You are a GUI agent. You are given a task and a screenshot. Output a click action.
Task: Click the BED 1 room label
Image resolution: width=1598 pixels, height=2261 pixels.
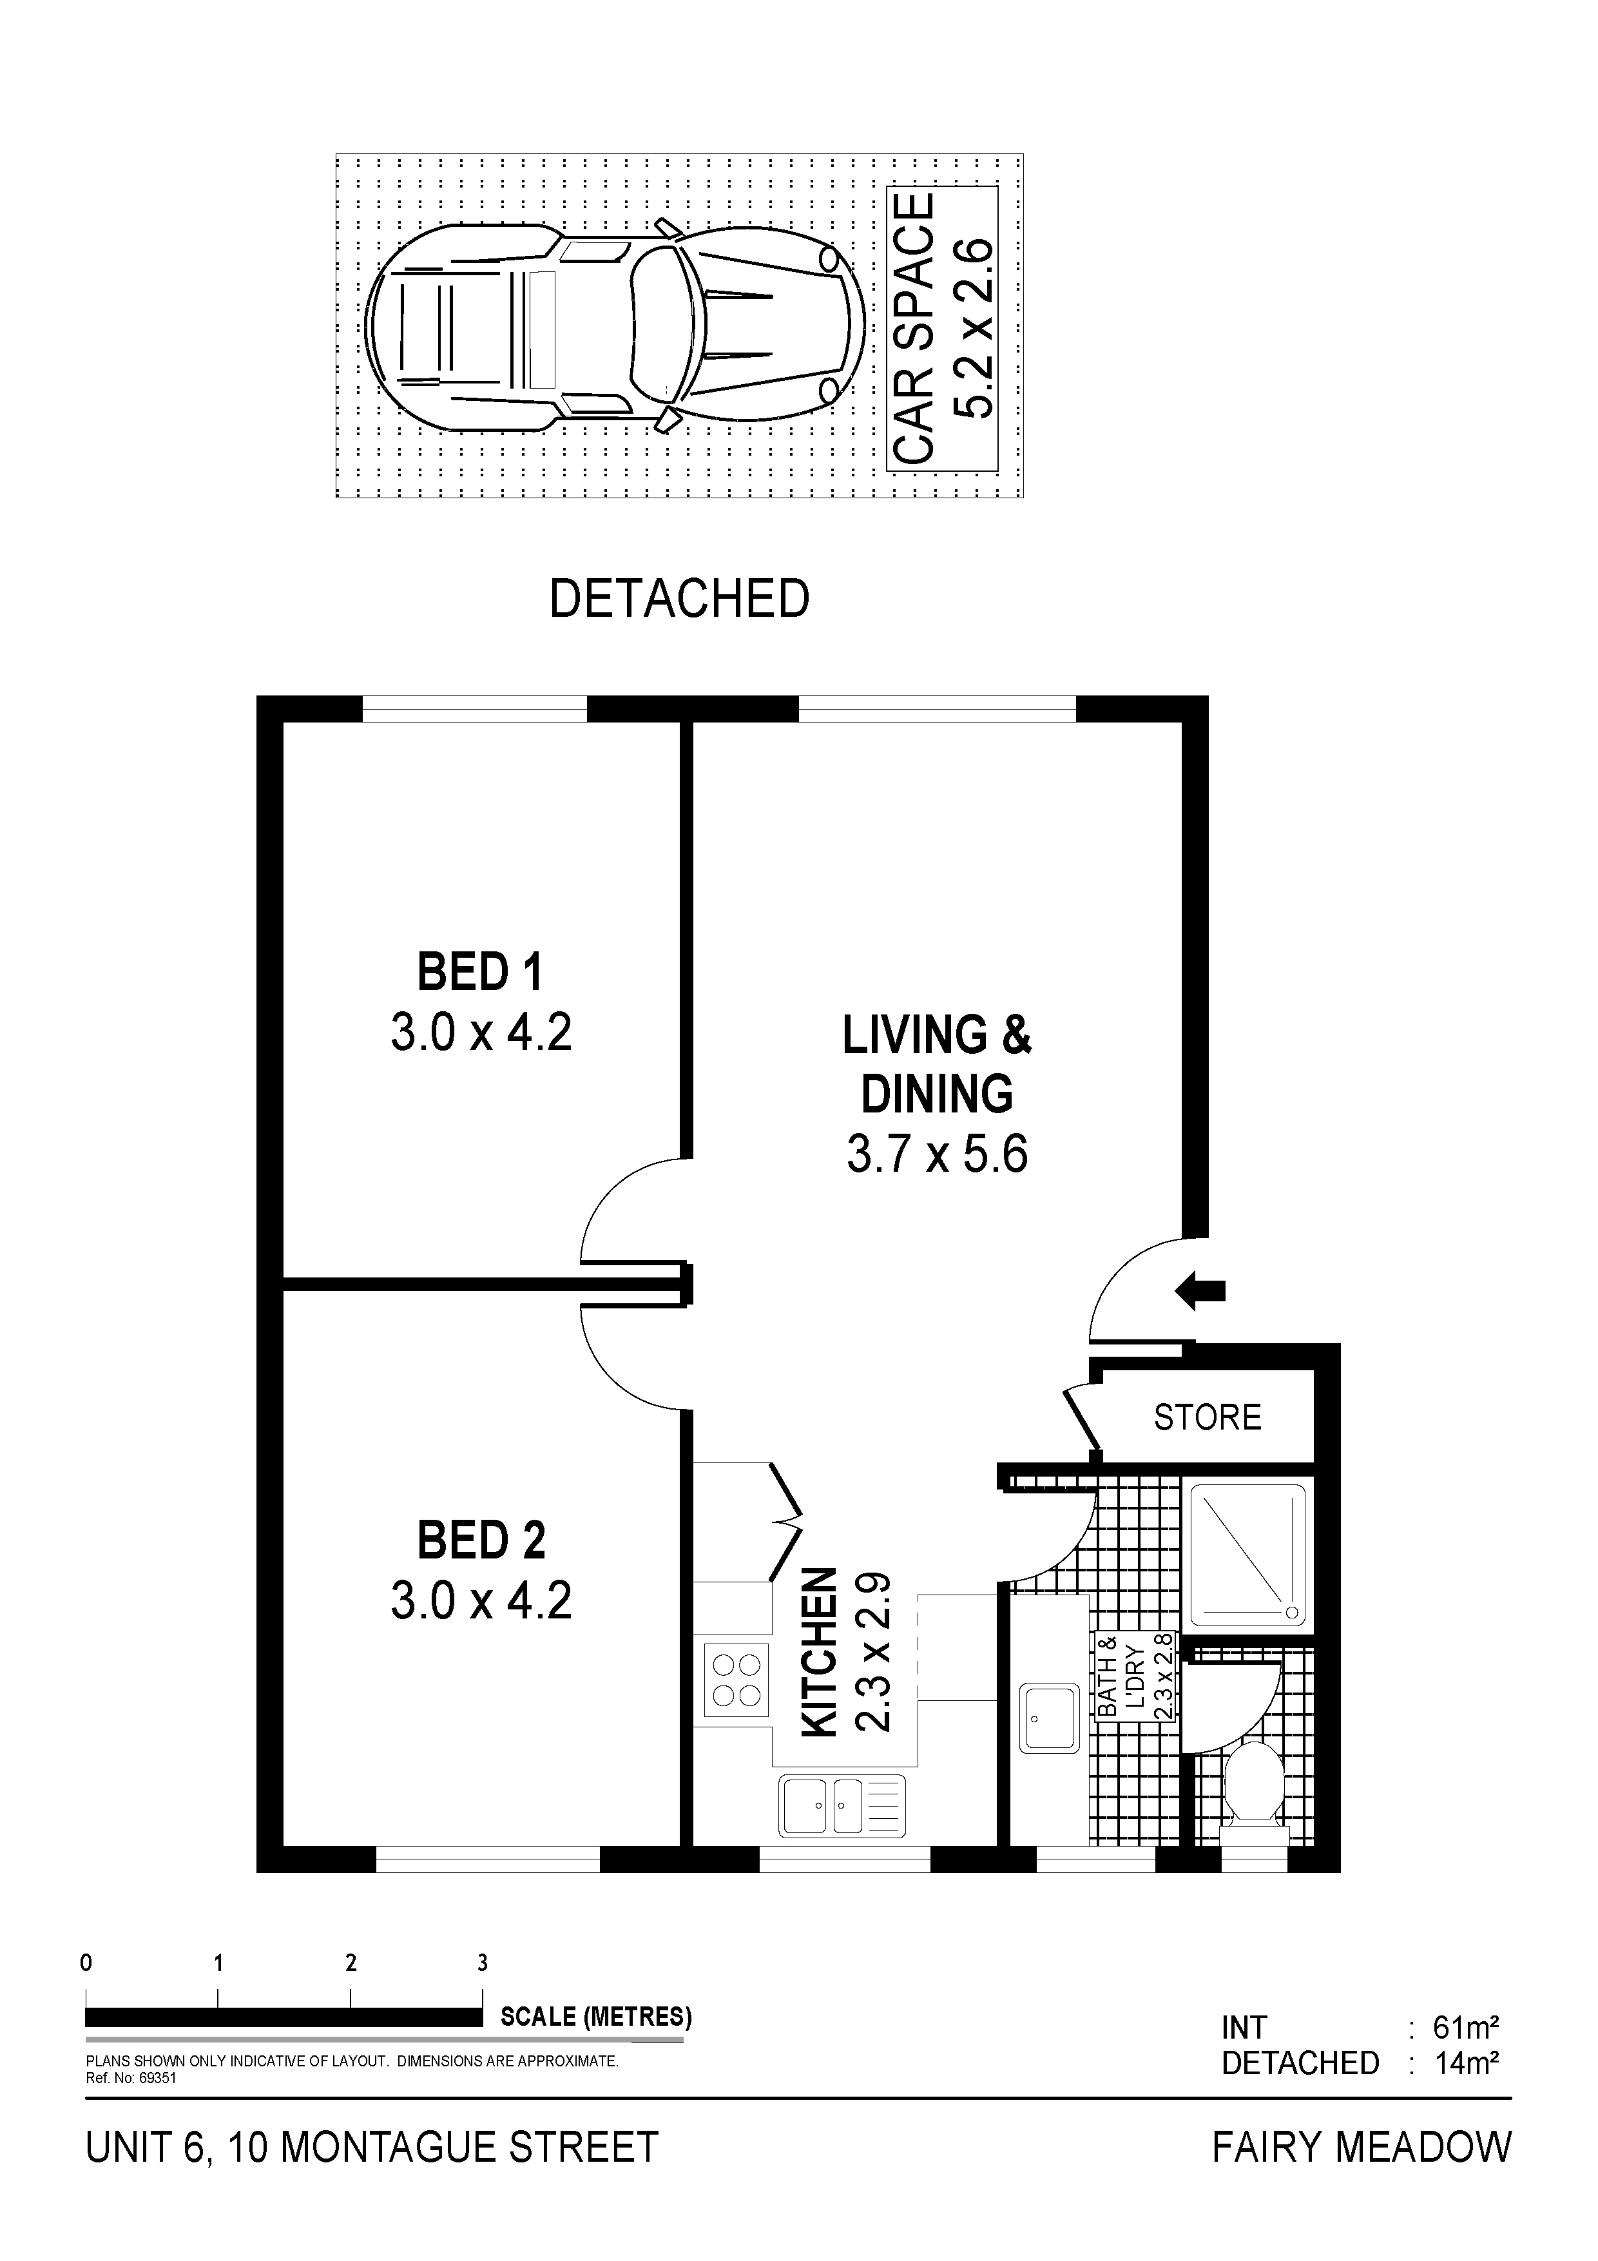click(481, 972)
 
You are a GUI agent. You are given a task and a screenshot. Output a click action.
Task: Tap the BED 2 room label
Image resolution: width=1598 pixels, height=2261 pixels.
click(481, 1539)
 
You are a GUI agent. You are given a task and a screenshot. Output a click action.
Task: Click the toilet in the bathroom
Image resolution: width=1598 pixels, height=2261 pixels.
click(1253, 1794)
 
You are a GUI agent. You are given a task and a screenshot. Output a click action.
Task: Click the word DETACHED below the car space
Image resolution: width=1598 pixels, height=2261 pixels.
click(679, 599)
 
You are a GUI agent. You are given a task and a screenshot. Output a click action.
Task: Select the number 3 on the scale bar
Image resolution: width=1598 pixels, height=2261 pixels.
click(483, 1963)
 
